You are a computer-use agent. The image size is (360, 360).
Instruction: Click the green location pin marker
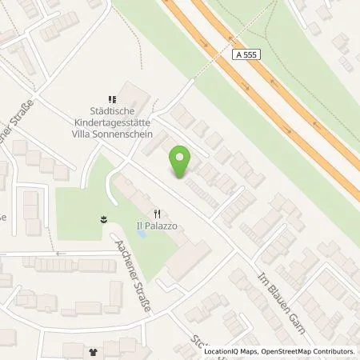(x=182, y=162)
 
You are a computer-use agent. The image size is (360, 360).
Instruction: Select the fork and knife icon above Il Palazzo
(x=158, y=214)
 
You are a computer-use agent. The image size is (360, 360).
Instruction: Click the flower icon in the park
(x=103, y=218)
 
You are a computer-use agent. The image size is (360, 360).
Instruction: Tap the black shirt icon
(x=92, y=351)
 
